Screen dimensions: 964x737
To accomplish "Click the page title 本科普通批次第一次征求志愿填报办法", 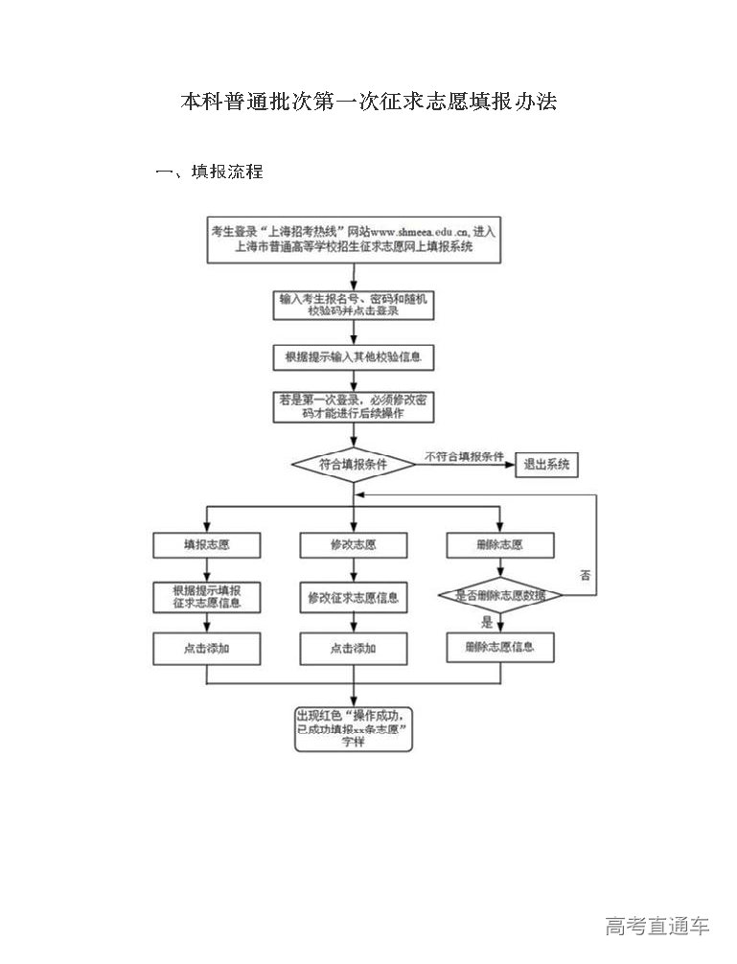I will [x=369, y=103].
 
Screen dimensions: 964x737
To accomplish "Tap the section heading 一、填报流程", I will [x=209, y=172].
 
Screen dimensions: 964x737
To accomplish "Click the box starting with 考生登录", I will [x=354, y=240].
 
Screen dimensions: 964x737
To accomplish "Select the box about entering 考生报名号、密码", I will [x=354, y=305].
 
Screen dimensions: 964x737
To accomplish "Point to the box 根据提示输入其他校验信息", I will [x=354, y=357].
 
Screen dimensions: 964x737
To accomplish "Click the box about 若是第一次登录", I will [x=354, y=407].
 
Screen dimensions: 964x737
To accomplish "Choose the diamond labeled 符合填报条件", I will [x=353, y=465].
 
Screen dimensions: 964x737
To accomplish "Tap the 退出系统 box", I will [x=547, y=465].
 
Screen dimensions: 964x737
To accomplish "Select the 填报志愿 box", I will [x=207, y=544].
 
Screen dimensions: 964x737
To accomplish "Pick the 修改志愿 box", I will [x=353, y=544].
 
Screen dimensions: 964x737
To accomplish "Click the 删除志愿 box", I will [x=499, y=544].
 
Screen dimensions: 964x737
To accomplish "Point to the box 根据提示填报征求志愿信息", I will [x=207, y=596].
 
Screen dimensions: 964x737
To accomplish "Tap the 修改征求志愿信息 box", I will [x=353, y=598].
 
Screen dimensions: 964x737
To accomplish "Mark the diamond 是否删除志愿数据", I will [x=499, y=595].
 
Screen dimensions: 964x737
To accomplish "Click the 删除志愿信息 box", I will [x=499, y=647].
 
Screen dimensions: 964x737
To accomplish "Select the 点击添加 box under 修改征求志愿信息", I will [x=353, y=649].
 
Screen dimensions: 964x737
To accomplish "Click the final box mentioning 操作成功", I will [x=354, y=729].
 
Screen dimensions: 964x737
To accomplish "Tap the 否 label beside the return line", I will [x=586, y=575].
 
